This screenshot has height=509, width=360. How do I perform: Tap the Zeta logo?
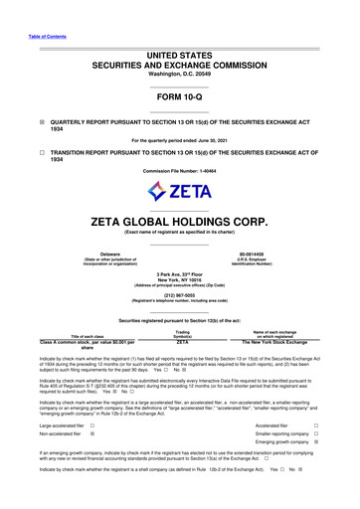179,189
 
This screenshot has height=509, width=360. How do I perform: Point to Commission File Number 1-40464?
179,171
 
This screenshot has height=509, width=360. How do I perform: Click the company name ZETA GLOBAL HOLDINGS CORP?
179,219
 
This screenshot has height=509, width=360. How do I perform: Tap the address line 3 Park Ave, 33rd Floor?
179,273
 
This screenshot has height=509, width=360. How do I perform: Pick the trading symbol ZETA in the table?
182,341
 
